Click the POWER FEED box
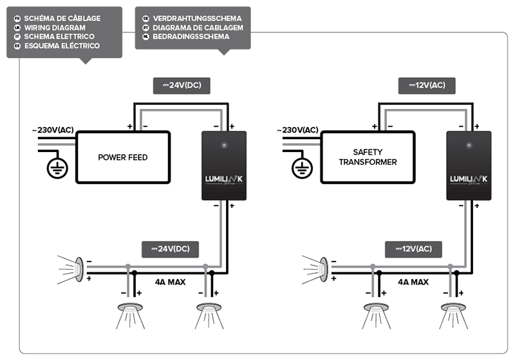123,157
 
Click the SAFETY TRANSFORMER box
368,157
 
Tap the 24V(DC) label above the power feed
182,85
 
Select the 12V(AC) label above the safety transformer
427,85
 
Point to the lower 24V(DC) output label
171,249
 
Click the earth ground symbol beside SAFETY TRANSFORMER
301,168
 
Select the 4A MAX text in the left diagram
171,282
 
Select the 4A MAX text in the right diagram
414,282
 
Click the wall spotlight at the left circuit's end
77,268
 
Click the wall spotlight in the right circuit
322,268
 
